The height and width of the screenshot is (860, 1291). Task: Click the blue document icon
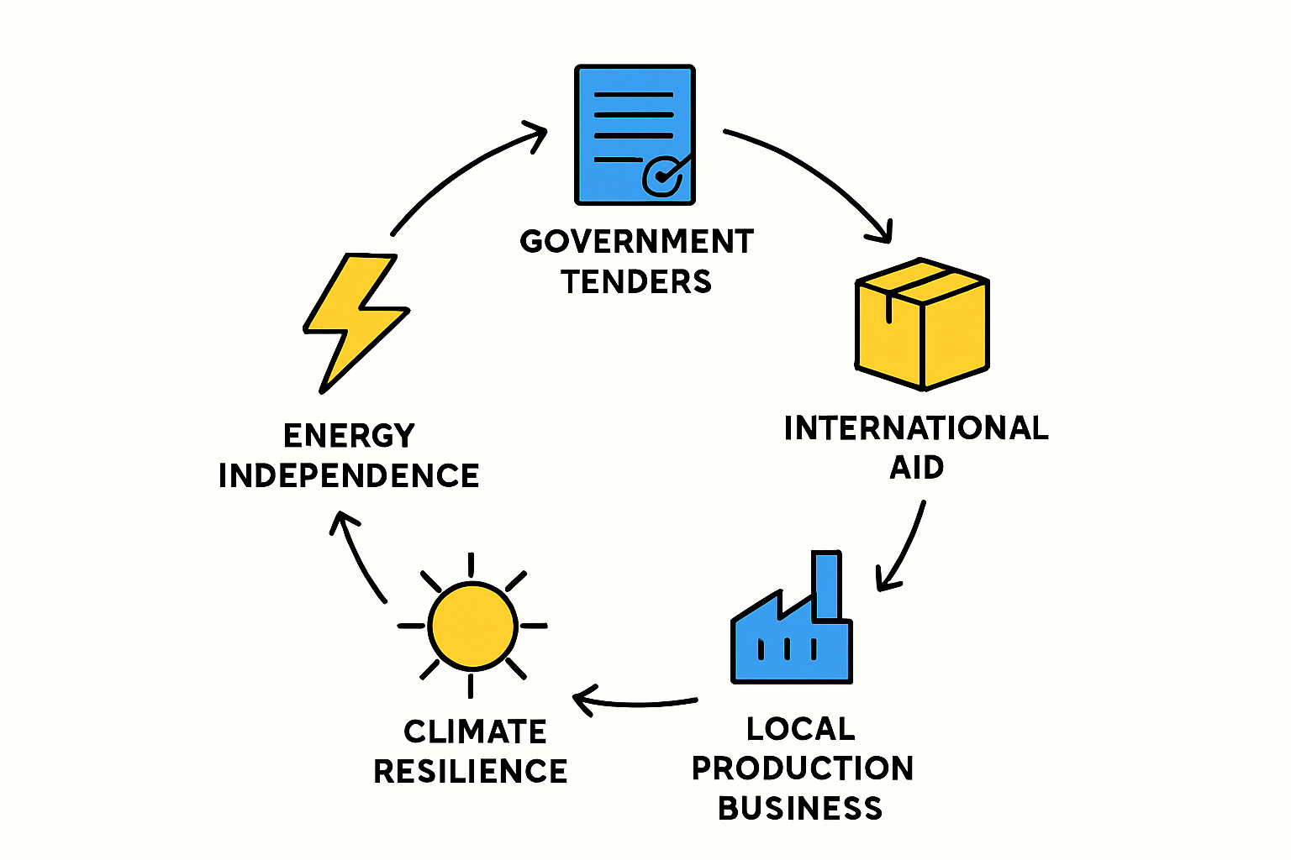point(635,134)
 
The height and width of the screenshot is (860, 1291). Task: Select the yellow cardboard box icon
point(922,324)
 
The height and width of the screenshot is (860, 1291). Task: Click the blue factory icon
point(791,617)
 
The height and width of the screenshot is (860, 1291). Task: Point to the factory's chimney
point(827,585)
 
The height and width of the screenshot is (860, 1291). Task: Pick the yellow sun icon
point(472,626)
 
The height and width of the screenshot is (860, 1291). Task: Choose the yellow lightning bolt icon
point(356,322)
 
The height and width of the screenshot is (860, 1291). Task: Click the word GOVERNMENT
point(637,241)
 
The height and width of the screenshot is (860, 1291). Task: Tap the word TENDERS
point(636,281)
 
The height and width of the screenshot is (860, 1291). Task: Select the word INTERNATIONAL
point(916,428)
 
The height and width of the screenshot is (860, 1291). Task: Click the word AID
point(916,467)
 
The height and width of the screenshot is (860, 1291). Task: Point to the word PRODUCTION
point(803,768)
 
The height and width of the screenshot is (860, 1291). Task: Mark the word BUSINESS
point(800,808)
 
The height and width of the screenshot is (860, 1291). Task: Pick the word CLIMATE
point(475,732)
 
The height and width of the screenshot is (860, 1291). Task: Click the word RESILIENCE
point(471,771)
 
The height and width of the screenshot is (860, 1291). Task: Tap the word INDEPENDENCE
point(349,476)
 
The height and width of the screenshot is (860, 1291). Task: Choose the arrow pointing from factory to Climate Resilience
point(634,705)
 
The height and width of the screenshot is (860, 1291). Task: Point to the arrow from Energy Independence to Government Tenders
point(461,167)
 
